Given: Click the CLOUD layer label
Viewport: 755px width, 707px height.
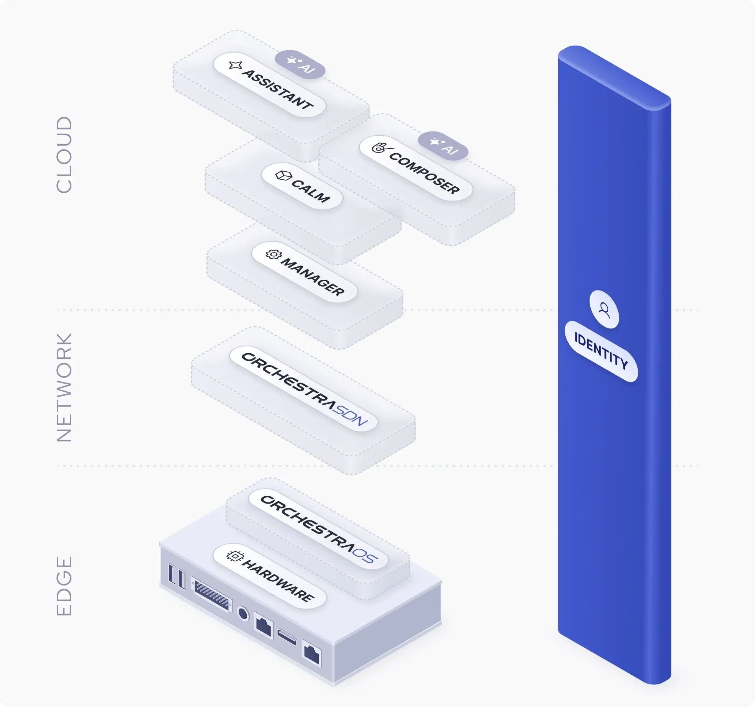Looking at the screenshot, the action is (x=64, y=155).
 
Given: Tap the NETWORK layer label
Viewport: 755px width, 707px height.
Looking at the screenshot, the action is (x=64, y=387).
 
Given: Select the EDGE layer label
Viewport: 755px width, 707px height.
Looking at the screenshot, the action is (x=64, y=586).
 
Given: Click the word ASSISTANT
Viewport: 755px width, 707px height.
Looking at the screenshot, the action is (x=278, y=89).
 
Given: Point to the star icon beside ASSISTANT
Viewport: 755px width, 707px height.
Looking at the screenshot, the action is (x=235, y=65).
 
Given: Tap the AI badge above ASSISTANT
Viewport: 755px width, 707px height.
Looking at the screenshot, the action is (x=300, y=64).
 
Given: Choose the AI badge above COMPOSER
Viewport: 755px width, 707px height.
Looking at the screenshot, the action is (x=443, y=146).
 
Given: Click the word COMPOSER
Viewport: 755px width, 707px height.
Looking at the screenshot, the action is (x=424, y=173).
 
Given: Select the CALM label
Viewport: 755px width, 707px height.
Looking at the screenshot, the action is (x=311, y=190).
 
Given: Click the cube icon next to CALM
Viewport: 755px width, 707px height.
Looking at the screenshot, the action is (x=283, y=176).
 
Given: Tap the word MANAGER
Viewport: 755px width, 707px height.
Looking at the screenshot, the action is (x=313, y=276).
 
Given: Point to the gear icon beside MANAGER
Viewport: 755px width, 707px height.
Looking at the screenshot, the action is (x=274, y=254).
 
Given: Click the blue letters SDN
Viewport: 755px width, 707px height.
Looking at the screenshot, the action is (x=350, y=415).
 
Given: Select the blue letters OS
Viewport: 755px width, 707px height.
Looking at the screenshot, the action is (x=365, y=555).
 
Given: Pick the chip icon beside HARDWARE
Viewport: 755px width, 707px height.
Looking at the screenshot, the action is (x=234, y=556).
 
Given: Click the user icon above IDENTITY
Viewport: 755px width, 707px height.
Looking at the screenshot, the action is (x=604, y=309).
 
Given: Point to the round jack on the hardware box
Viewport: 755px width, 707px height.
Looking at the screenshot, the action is (x=243, y=613).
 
